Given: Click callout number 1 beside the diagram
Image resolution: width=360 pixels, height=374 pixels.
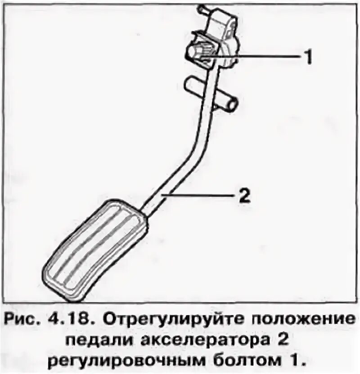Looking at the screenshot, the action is coord(307,57).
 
